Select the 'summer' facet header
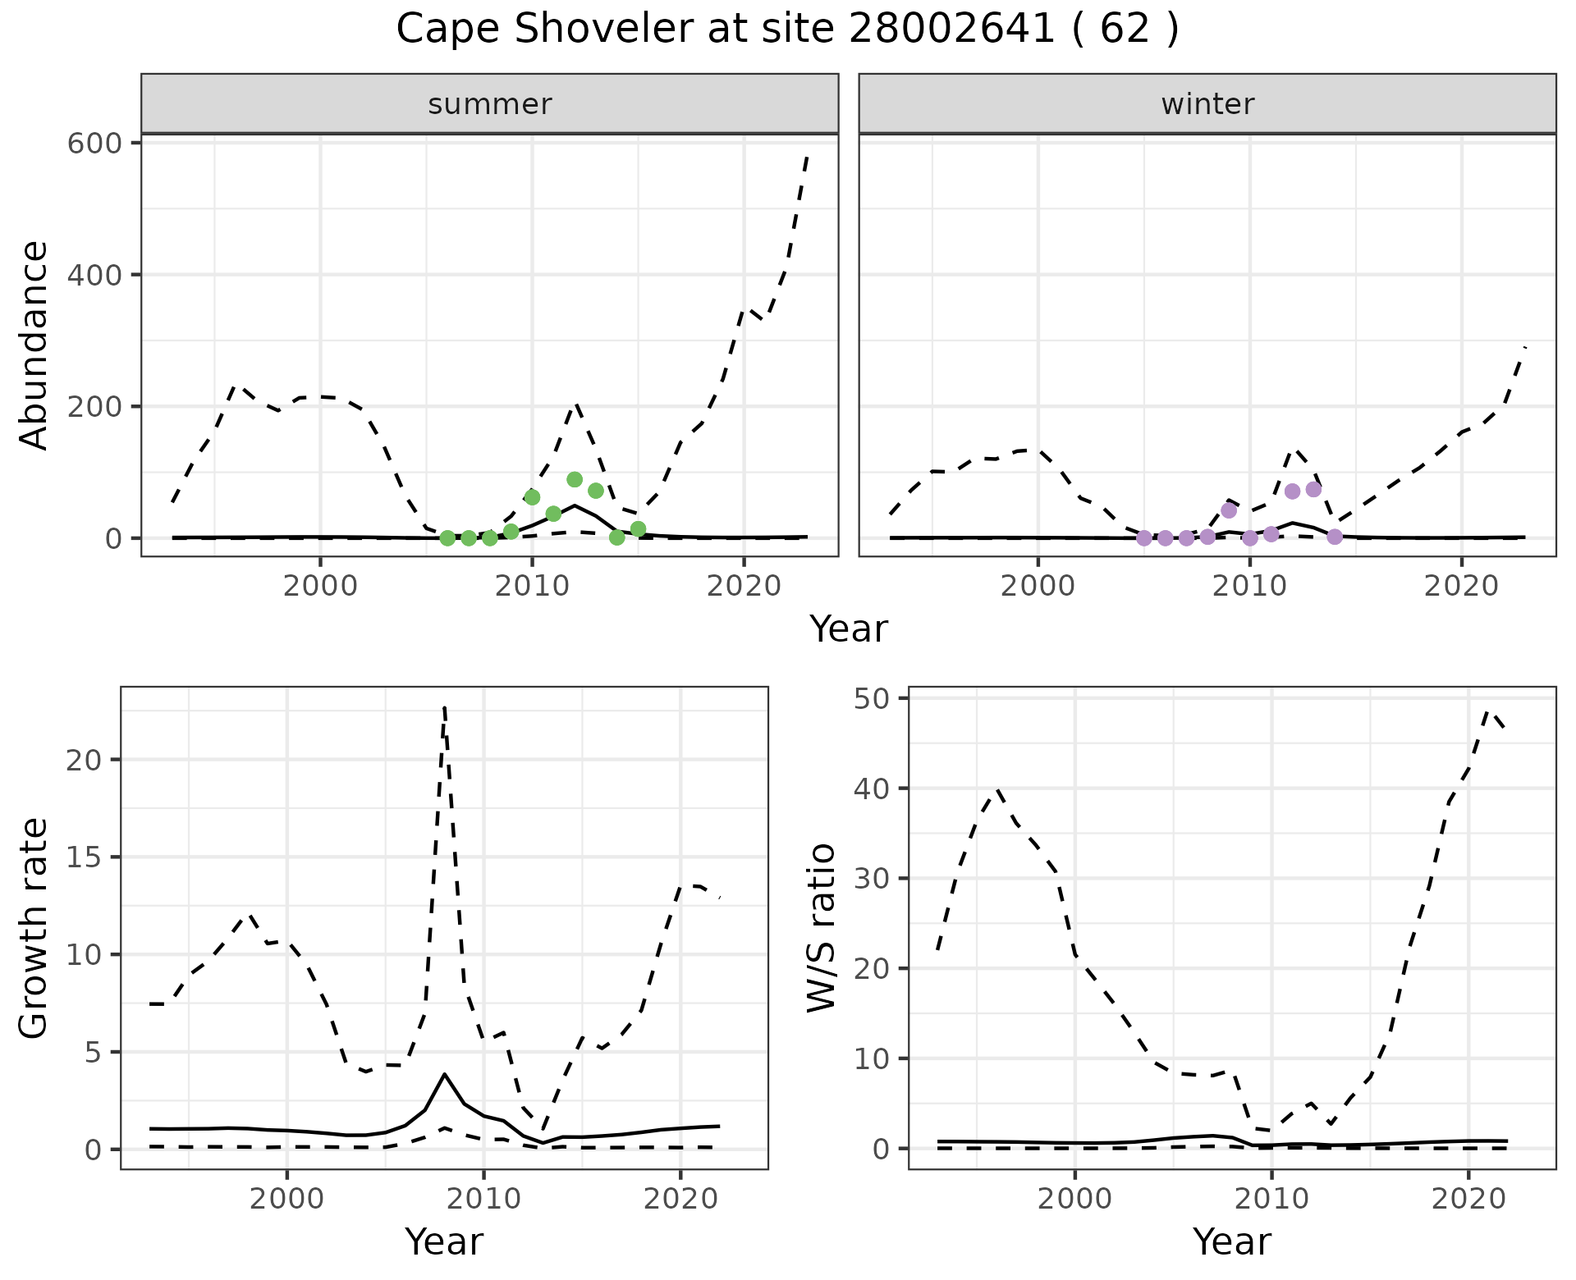click(489, 104)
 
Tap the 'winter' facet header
click(1207, 104)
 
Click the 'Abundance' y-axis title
click(34, 345)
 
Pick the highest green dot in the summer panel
click(575, 480)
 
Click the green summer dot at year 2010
click(532, 497)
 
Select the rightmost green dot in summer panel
click(638, 529)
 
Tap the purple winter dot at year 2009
click(1229, 510)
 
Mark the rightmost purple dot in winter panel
click(1335, 537)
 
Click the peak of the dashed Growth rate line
click(444, 706)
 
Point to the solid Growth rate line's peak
click(444, 1074)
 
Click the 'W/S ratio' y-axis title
click(822, 927)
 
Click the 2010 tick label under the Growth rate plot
click(483, 1200)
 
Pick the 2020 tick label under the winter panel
click(1461, 587)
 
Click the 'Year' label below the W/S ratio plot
click(1231, 1242)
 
